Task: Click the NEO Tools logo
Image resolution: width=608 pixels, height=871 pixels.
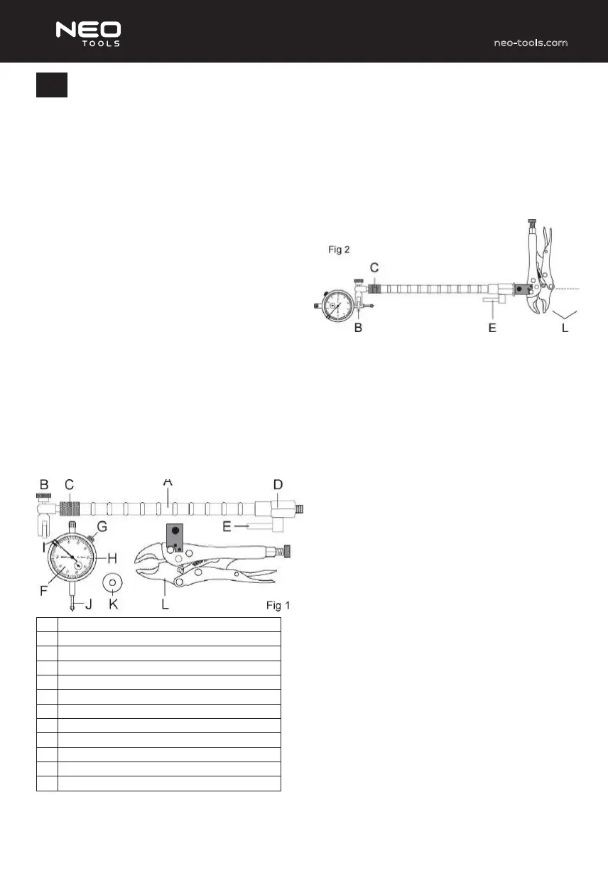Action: point(88,34)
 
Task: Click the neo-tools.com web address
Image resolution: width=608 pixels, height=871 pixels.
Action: point(531,43)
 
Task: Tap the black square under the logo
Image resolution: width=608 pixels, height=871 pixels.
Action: point(52,85)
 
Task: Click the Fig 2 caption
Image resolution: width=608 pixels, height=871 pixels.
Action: point(339,250)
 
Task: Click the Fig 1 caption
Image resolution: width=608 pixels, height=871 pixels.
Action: point(278,605)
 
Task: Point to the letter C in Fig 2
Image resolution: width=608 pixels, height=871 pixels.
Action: point(374,267)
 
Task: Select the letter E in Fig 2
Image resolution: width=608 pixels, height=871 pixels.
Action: point(492,328)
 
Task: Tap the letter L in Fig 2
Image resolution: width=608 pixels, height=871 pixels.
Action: point(565,328)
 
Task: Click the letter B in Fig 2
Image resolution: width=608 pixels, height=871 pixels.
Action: point(358,328)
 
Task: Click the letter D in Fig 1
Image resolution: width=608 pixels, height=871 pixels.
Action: point(278,484)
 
